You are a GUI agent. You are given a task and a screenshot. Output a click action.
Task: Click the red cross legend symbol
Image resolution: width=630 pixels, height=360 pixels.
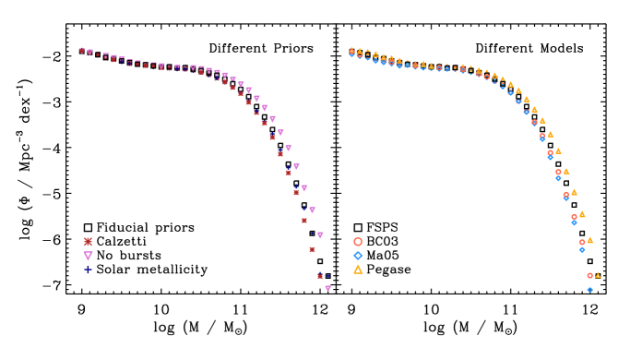89,242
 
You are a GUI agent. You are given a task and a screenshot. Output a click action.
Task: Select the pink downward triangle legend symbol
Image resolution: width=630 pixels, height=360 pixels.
89,256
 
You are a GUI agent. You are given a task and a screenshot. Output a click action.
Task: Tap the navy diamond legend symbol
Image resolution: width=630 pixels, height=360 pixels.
89,270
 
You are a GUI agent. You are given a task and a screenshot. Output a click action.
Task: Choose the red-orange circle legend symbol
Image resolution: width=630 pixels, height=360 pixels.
358,242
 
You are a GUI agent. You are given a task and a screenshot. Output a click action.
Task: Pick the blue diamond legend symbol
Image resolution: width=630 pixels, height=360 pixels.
358,256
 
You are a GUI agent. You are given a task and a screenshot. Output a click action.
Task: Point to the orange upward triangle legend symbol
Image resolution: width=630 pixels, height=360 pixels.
358,270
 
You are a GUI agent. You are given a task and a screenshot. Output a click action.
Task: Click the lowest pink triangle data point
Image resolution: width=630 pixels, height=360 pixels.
327,288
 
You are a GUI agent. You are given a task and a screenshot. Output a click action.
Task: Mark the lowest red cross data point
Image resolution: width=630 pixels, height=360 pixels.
320,276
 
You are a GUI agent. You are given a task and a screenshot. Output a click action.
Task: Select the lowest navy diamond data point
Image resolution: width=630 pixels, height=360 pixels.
327,275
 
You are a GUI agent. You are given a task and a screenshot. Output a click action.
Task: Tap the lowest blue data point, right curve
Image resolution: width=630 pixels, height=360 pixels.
589,290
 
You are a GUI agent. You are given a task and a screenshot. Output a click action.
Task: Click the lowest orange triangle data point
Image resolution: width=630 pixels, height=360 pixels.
598,275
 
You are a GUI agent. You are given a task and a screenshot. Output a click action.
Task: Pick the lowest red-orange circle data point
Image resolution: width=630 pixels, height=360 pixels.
589,275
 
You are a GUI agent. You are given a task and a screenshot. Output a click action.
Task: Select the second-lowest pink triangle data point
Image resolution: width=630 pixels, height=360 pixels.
320,235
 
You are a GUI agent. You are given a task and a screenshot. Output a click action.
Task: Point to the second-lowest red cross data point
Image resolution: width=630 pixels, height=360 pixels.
312,249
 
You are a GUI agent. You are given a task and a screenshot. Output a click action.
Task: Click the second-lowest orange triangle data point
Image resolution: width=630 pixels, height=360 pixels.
589,240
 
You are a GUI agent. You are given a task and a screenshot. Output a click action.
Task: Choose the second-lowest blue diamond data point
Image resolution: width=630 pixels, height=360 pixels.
582,249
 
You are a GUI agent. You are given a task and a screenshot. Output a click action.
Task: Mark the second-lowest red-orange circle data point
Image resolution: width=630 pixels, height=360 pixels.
582,242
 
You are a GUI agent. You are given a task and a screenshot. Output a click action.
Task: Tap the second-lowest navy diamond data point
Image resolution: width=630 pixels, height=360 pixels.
304,209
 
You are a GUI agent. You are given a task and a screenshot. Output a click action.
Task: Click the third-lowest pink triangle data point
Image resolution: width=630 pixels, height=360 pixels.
312,210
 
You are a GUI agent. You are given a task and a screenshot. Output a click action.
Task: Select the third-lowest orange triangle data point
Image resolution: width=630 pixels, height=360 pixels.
582,214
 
